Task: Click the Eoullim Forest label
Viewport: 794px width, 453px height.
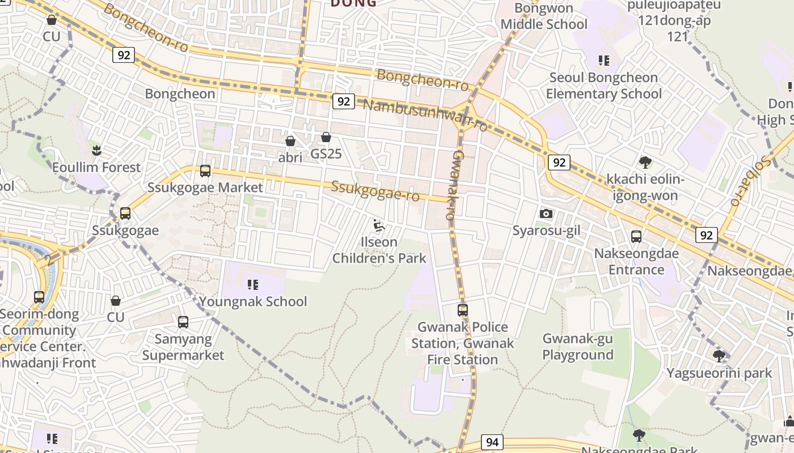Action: [x=96, y=168]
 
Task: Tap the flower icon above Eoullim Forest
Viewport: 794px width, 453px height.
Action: [x=96, y=151]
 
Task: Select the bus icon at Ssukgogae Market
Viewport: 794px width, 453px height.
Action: [x=205, y=170]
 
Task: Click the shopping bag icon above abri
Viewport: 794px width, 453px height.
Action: [x=290, y=140]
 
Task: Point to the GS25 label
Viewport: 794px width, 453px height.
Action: [x=326, y=154]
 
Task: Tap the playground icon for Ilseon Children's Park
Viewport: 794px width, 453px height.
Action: [x=379, y=226]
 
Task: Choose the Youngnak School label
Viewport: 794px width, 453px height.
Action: [x=253, y=301]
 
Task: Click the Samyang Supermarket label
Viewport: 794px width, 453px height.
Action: [x=183, y=347]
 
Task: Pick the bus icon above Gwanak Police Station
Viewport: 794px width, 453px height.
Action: [x=463, y=310]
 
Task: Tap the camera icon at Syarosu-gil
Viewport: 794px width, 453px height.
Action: [x=546, y=213]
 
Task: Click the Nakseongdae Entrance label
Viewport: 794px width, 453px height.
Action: [x=636, y=261]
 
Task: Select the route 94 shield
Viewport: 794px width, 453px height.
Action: [x=492, y=442]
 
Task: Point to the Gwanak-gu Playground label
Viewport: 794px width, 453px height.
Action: [x=578, y=347]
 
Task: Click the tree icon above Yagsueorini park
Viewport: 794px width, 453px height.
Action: [x=719, y=356]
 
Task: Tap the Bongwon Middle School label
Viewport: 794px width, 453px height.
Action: [x=544, y=16]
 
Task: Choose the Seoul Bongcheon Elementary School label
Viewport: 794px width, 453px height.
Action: [x=604, y=86]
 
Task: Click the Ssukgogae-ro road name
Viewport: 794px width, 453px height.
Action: [x=375, y=191]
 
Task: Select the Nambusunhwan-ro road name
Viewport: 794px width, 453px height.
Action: [x=425, y=115]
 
